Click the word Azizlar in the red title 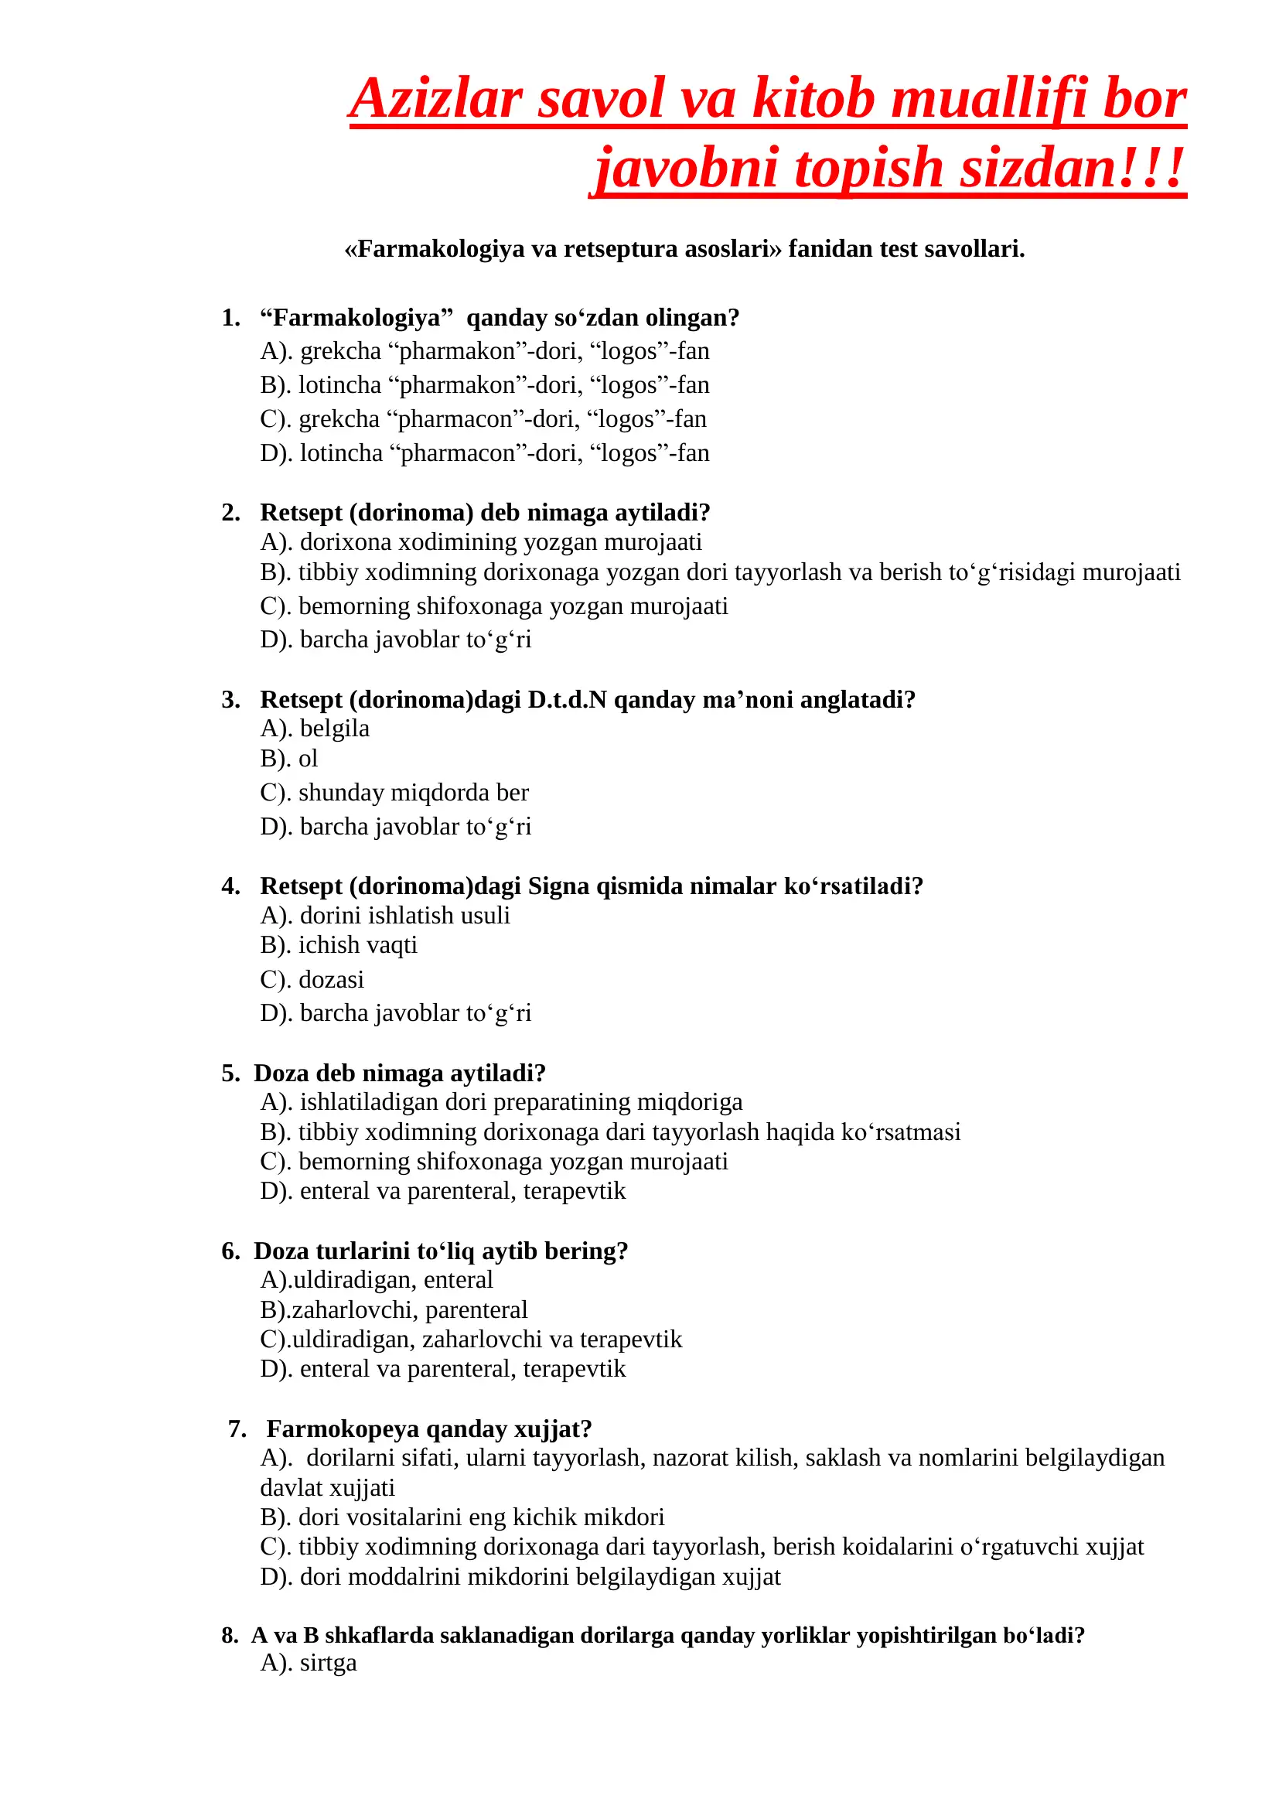pyautogui.click(x=435, y=99)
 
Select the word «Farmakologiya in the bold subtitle pyautogui.click(x=434, y=249)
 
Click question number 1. pyautogui.click(x=230, y=318)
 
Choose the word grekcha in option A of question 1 pyautogui.click(x=340, y=350)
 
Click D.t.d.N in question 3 pyautogui.click(x=567, y=700)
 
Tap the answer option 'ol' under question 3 pyautogui.click(x=308, y=759)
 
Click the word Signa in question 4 pyautogui.click(x=558, y=886)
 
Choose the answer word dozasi pyautogui.click(x=331, y=979)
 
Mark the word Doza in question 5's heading pyautogui.click(x=281, y=1073)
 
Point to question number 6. pyautogui.click(x=230, y=1251)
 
